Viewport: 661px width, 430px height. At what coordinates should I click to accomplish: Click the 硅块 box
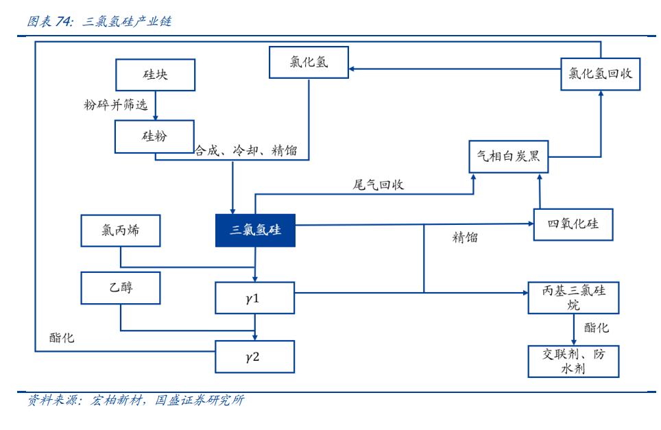155,75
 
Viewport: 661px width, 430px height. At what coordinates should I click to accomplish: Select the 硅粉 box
154,136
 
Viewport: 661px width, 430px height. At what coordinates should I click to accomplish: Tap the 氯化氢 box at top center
309,62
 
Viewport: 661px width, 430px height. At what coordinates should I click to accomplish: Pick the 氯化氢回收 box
600,74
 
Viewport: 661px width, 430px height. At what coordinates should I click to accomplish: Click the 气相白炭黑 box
508,156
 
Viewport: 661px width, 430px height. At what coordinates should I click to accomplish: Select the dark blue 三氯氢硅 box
255,230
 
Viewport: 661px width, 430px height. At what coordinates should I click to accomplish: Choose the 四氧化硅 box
573,224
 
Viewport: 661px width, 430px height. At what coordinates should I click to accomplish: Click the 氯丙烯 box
121,230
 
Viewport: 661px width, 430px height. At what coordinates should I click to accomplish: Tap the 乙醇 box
121,287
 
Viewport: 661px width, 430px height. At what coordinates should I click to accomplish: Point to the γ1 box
254,298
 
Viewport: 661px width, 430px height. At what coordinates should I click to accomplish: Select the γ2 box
254,357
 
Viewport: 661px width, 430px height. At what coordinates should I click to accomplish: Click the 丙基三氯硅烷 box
573,298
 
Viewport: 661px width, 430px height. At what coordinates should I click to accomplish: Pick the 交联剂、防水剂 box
573,361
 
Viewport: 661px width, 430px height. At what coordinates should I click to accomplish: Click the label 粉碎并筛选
115,104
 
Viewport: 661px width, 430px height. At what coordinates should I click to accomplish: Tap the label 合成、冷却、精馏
246,150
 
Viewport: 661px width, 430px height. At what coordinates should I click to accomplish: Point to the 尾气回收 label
378,184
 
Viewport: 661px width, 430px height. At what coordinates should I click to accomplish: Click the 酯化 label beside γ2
62,337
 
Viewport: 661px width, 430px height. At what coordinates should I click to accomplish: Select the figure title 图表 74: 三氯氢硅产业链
99,21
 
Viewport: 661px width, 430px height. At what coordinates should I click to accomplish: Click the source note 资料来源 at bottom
136,400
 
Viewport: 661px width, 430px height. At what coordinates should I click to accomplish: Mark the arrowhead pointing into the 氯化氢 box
352,69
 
